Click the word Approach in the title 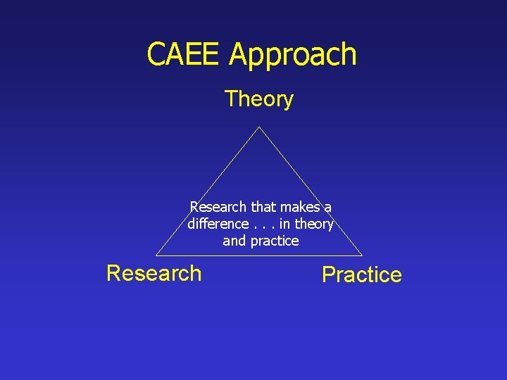click(x=293, y=56)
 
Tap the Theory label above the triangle click(x=258, y=99)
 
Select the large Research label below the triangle click(x=154, y=273)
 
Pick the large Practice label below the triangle click(x=361, y=274)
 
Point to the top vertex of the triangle click(x=259, y=127)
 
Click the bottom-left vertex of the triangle click(x=156, y=255)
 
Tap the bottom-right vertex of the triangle click(x=362, y=255)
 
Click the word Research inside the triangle click(x=218, y=207)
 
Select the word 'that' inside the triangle click(x=263, y=207)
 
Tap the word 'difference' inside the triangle click(x=218, y=224)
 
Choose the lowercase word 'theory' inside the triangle click(x=313, y=224)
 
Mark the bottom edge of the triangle click(x=211, y=255)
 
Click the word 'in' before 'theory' click(x=285, y=224)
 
